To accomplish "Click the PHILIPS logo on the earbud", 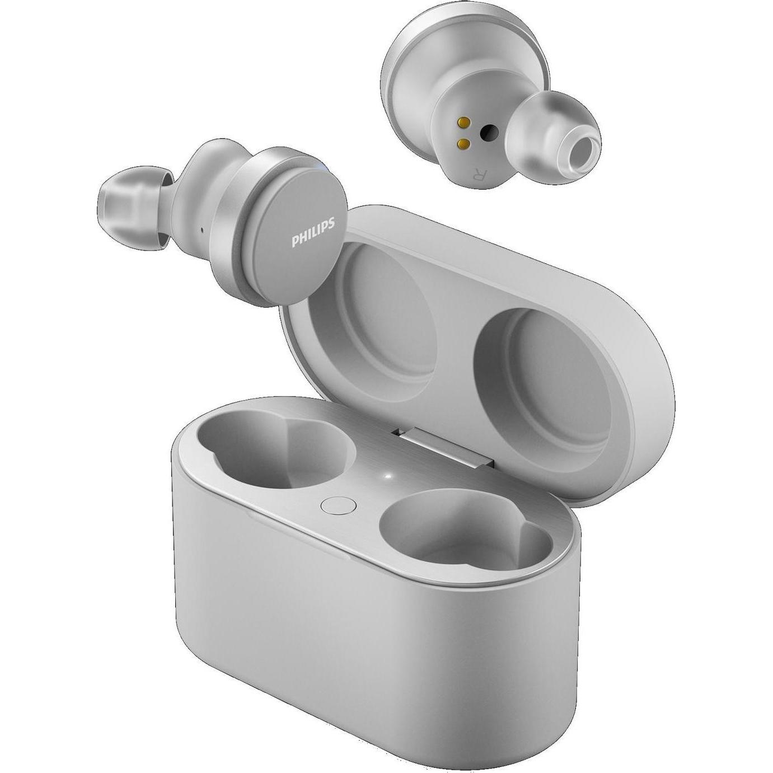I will [313, 233].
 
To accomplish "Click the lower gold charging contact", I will [462, 144].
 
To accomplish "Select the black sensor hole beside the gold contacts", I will [490, 132].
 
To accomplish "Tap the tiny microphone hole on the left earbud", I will [201, 229].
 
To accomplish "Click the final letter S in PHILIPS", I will [332, 224].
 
